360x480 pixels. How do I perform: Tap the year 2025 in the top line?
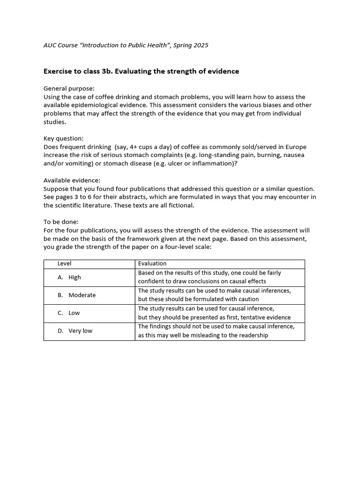tap(200, 45)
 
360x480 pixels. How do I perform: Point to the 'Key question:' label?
tap(64, 139)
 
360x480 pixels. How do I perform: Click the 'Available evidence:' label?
tap(72, 180)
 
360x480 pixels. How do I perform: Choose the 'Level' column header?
tap(64, 264)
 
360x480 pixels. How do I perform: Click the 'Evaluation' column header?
tap(152, 264)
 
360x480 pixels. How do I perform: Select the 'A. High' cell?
tap(69, 277)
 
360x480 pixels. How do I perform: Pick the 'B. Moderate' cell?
tap(77, 295)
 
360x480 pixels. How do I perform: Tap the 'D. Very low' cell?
tap(75, 331)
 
